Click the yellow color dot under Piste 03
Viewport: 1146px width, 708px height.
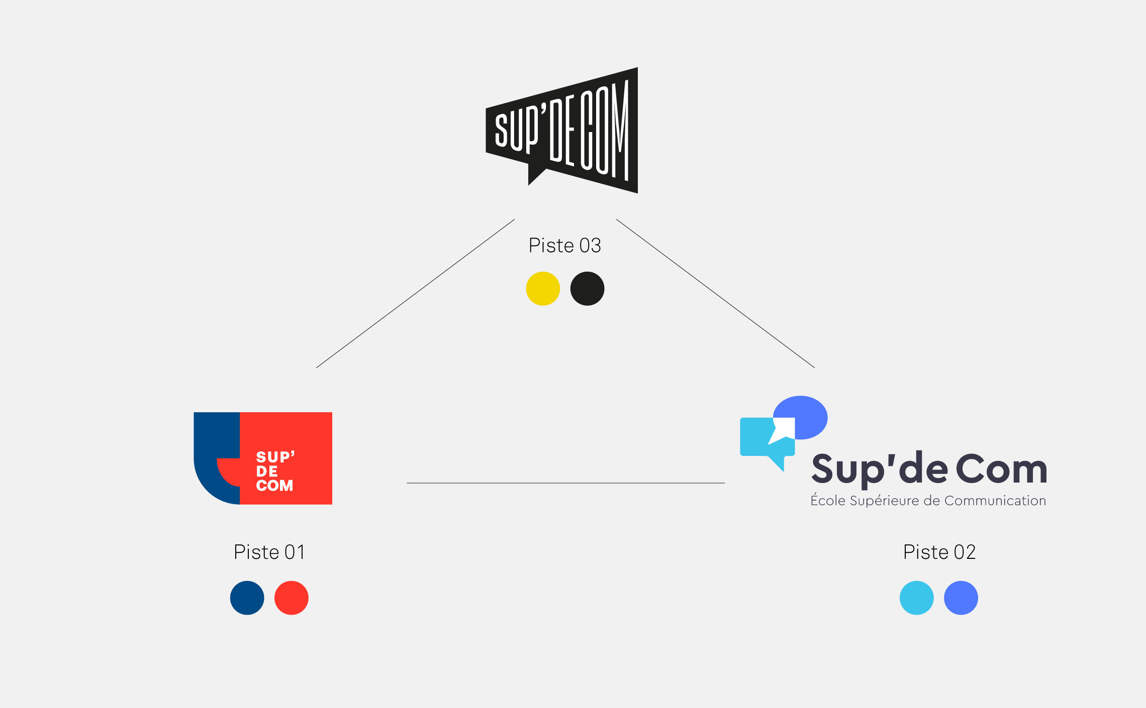pyautogui.click(x=543, y=289)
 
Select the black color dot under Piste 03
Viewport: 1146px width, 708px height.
pyautogui.click(x=587, y=289)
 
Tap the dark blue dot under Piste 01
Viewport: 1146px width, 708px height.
pyautogui.click(x=247, y=598)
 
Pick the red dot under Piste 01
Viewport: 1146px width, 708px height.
pyautogui.click(x=291, y=598)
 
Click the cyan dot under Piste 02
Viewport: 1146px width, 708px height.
pyautogui.click(x=916, y=598)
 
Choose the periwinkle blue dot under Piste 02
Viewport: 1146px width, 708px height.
pyautogui.click(x=961, y=598)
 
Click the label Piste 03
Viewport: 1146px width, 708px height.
pyautogui.click(x=564, y=246)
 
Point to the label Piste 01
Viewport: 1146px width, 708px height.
pyautogui.click(x=269, y=552)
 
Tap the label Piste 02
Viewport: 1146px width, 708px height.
pyautogui.click(x=939, y=552)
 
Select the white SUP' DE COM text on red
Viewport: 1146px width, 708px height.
pyautogui.click(x=274, y=471)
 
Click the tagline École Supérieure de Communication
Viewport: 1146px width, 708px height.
pyautogui.click(x=928, y=501)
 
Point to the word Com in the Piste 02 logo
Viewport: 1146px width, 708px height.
pyautogui.click(x=1001, y=469)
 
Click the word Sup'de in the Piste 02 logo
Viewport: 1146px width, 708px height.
pyautogui.click(x=880, y=469)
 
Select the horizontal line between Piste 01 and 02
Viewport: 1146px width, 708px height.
pyautogui.click(x=565, y=483)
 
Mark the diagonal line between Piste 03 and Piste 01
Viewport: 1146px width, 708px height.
pyautogui.click(x=415, y=294)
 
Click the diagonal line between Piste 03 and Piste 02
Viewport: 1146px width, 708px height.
pyautogui.click(x=715, y=294)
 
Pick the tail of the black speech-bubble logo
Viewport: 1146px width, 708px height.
pyautogui.click(x=534, y=176)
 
